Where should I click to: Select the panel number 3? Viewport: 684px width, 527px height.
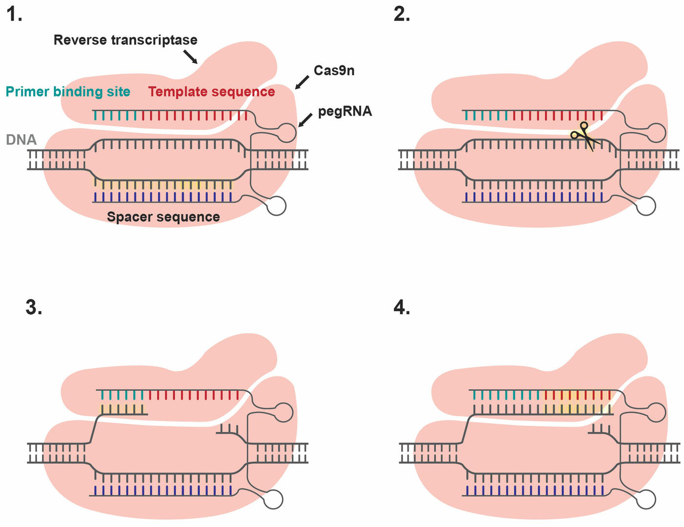pyautogui.click(x=34, y=308)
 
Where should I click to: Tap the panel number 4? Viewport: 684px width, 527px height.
pyautogui.click(x=402, y=308)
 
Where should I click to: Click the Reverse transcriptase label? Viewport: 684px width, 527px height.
pyautogui.click(x=125, y=40)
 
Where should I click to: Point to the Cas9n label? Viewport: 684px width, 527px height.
pyautogui.click(x=334, y=71)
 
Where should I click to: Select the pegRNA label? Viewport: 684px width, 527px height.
pyautogui.click(x=344, y=112)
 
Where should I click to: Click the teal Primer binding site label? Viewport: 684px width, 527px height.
pyautogui.click(x=68, y=92)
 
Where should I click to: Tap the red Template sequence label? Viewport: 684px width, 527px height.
pyautogui.click(x=212, y=92)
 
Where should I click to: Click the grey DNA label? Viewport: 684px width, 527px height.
pyautogui.click(x=21, y=140)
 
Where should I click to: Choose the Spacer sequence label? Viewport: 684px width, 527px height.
pyautogui.click(x=163, y=217)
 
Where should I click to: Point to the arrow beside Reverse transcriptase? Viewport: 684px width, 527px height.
pyautogui.click(x=190, y=57)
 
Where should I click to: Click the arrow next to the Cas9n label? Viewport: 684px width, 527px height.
pyautogui.click(x=302, y=82)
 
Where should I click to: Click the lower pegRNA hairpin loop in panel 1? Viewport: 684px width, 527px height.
pyautogui.click(x=277, y=205)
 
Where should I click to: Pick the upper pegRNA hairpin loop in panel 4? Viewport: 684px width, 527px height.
pyautogui.click(x=657, y=412)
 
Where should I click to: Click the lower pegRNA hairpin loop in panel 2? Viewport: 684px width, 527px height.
pyautogui.click(x=647, y=205)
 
